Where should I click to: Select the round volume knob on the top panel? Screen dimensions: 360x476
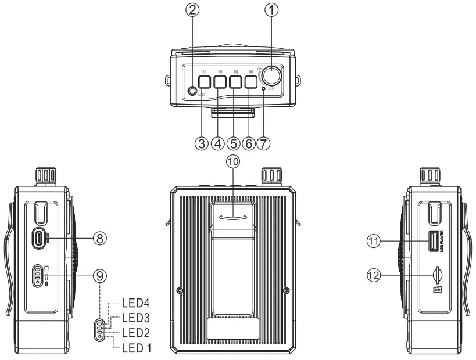pyautogui.click(x=270, y=75)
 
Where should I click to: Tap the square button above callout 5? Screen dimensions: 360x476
pyautogui.click(x=235, y=81)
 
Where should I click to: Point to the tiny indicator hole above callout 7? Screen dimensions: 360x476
pyautogui.click(x=263, y=88)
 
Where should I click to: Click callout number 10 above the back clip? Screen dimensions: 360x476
pyautogui.click(x=233, y=163)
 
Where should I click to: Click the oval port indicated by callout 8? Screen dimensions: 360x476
pyautogui.click(x=40, y=237)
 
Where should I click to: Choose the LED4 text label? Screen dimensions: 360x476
pyautogui.click(x=137, y=303)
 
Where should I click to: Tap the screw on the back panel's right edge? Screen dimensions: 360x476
pyautogui.click(x=286, y=290)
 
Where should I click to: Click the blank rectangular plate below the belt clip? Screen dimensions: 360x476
pyautogui.click(x=232, y=330)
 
